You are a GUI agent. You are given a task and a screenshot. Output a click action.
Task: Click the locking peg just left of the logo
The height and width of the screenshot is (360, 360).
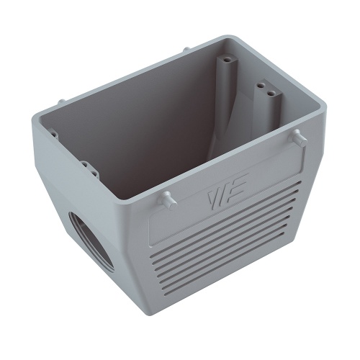click(x=166, y=197)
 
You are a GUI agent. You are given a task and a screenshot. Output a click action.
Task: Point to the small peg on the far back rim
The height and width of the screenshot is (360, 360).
click(x=186, y=50)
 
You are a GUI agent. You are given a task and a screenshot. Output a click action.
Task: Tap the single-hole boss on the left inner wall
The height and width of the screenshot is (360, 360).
click(x=52, y=132)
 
